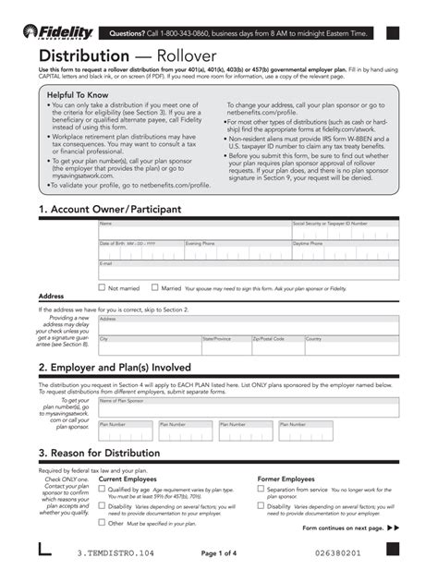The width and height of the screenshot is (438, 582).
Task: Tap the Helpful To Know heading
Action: pyautogui.click(x=80, y=95)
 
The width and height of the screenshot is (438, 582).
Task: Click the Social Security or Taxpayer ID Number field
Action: pyautogui.click(x=345, y=231)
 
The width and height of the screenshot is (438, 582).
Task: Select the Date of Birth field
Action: pyautogui.click(x=140, y=252)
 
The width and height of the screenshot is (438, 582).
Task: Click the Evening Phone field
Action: pyautogui.click(x=237, y=252)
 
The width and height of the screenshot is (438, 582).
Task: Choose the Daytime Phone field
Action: pyautogui.click(x=345, y=252)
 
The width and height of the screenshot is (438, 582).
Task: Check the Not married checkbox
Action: pyautogui.click(x=102, y=287)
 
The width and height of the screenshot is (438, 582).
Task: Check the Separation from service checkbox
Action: pyautogui.click(x=261, y=490)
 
